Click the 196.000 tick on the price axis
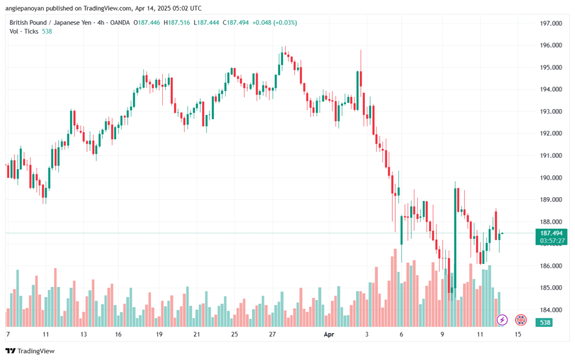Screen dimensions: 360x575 point(551,45)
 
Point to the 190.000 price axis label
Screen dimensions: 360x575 point(551,178)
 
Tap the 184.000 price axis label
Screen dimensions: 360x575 point(551,310)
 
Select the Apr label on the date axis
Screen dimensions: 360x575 point(330,334)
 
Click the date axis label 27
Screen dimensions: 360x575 point(273,334)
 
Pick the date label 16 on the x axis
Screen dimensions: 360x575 point(118,334)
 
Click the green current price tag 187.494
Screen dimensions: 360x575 point(551,233)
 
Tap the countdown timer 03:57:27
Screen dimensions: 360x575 point(551,241)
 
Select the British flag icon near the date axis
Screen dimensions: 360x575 point(521,320)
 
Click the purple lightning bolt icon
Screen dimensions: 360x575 point(503,320)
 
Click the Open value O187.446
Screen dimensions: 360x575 point(145,22)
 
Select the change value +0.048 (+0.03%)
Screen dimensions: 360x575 point(275,22)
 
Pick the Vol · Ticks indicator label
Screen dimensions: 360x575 point(24,31)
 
